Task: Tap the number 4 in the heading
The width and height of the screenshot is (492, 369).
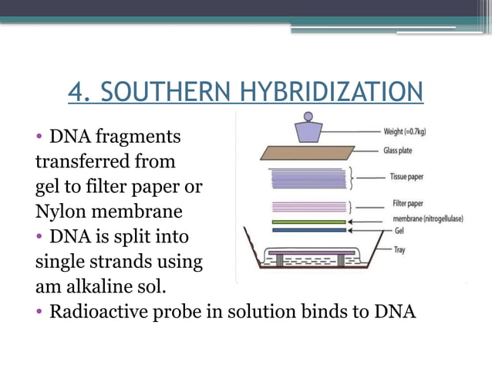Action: tap(77, 92)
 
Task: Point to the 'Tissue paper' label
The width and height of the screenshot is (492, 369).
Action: tap(406, 177)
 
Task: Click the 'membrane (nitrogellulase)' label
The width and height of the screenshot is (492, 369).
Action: tap(427, 219)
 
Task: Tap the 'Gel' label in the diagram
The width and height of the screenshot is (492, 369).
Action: tap(389, 229)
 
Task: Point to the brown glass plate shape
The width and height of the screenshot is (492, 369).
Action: tap(308, 152)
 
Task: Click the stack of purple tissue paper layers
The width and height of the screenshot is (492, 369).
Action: tap(308, 178)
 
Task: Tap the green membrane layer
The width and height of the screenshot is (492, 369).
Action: tap(308, 221)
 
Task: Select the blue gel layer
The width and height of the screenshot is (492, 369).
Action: tap(308, 229)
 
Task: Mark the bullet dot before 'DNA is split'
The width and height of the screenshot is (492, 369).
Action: tap(39, 237)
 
